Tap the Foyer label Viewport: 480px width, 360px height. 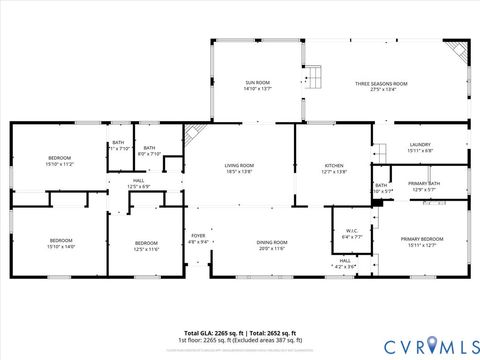(198, 238)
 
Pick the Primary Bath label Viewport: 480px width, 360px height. (423, 185)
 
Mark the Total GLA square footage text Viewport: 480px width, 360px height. (211, 333)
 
